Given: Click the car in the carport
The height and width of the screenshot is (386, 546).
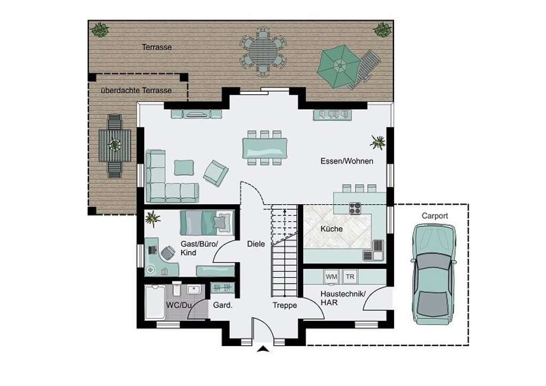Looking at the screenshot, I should (433, 273).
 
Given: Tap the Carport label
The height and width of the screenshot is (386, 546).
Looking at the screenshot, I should (435, 216).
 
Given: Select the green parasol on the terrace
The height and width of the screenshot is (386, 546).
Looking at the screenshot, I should (339, 66).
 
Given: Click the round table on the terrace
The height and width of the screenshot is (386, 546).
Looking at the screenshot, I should (263, 52).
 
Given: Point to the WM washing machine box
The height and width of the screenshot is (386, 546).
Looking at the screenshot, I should (331, 277).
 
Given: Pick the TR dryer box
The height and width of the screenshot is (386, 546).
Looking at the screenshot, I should (349, 277).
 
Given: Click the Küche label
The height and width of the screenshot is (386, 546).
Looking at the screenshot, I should (331, 229).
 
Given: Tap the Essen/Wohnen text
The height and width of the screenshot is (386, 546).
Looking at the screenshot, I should (347, 160).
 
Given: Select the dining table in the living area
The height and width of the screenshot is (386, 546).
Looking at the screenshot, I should (265, 147).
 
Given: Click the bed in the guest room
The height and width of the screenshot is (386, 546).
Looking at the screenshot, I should (207, 222).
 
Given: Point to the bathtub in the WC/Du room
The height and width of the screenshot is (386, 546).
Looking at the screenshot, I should (157, 303).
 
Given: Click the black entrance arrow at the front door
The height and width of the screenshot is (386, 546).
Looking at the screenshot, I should (263, 349).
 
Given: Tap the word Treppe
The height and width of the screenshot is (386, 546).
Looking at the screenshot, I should (285, 305).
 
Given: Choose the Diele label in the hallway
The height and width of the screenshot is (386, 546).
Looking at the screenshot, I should (256, 244).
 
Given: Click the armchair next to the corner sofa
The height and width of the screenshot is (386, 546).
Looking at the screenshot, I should (216, 173).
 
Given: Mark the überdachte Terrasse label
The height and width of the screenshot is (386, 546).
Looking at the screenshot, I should (136, 90).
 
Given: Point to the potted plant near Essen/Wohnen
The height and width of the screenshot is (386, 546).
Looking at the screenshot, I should (378, 142).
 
